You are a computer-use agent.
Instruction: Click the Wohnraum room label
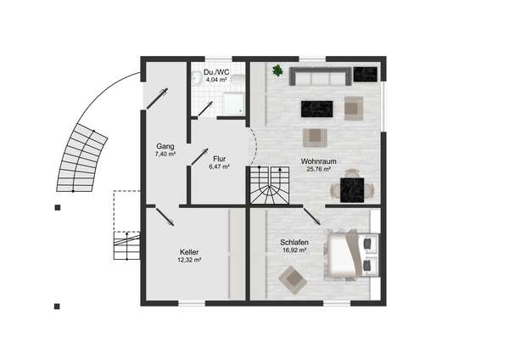coord(318,161)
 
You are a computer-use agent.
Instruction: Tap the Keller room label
coord(189,252)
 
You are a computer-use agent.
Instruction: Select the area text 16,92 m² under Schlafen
coord(294,250)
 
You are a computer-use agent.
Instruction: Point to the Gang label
coord(165,146)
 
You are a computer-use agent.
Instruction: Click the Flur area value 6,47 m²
coord(220,166)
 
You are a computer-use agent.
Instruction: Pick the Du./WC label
coord(216,72)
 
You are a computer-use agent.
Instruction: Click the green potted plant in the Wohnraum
coord(277,70)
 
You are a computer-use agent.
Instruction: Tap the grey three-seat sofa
coord(321,76)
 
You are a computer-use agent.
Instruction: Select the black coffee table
coord(316,109)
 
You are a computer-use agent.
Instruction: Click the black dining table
coord(352,189)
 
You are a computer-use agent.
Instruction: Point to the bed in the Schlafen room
coord(343,254)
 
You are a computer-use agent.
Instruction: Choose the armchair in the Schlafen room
coord(293,279)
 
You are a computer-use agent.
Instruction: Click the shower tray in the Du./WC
coord(233,104)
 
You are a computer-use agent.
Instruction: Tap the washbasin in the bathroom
coord(196,78)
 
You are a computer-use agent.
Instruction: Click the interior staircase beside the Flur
coord(270,185)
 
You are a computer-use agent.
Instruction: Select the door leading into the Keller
coord(165,216)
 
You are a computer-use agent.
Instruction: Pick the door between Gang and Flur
coord(199,156)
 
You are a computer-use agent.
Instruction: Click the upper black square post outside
coord(58,208)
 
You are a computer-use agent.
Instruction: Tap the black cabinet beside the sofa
coord(365,75)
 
